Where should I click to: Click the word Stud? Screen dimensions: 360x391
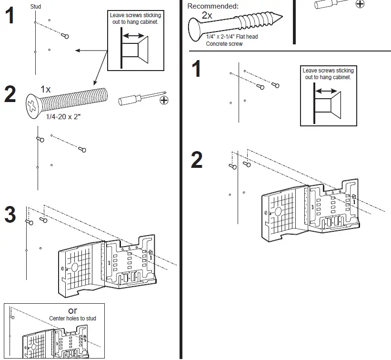[x=36, y=7]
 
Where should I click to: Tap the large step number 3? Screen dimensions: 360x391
[x=10, y=215]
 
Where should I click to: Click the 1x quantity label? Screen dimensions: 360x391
[x=46, y=89]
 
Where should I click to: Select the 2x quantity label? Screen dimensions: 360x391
[x=207, y=15]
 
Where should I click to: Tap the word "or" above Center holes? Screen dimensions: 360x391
[x=72, y=310]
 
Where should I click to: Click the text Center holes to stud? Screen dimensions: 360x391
[x=72, y=318]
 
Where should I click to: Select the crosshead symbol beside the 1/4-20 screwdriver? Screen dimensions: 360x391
[x=164, y=100]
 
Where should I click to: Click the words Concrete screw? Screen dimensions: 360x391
[x=224, y=44]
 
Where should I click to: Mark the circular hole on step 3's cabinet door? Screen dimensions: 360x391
[x=74, y=267]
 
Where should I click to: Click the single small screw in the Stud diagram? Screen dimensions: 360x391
[x=66, y=36]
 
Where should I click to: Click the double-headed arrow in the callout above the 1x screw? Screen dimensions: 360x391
[x=134, y=36]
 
